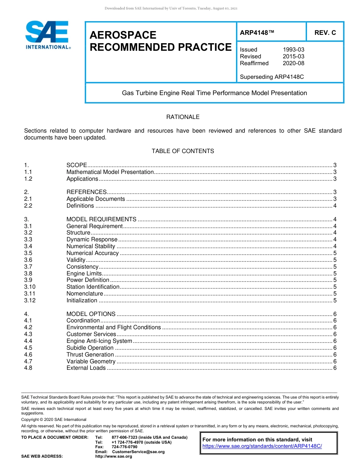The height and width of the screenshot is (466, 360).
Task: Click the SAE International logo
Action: (47, 35)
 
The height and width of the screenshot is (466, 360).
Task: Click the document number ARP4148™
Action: (257, 33)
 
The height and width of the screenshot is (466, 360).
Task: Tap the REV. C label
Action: (325, 33)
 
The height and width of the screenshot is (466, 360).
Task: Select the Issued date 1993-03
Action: (293, 50)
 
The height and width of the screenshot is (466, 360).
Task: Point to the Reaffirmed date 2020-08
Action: (293, 63)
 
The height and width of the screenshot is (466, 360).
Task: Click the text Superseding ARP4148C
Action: (272, 77)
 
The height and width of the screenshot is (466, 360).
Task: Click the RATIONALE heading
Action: (183, 117)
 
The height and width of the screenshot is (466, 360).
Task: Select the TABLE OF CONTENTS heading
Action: (183, 151)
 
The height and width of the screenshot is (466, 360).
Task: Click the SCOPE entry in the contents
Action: (77, 165)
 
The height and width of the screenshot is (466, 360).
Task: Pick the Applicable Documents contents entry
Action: (95, 199)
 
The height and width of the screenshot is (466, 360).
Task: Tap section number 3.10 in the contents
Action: (30, 287)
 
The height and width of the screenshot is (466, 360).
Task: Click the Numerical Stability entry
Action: (91, 246)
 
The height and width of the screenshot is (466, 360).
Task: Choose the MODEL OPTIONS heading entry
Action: (91, 314)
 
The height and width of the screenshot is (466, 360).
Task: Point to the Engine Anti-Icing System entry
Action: (99, 341)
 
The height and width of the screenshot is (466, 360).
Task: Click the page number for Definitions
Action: (335, 206)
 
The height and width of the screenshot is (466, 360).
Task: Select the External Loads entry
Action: (86, 368)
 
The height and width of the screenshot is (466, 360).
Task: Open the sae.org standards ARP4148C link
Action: (262, 446)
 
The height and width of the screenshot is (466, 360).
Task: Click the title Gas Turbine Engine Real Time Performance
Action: (214, 93)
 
